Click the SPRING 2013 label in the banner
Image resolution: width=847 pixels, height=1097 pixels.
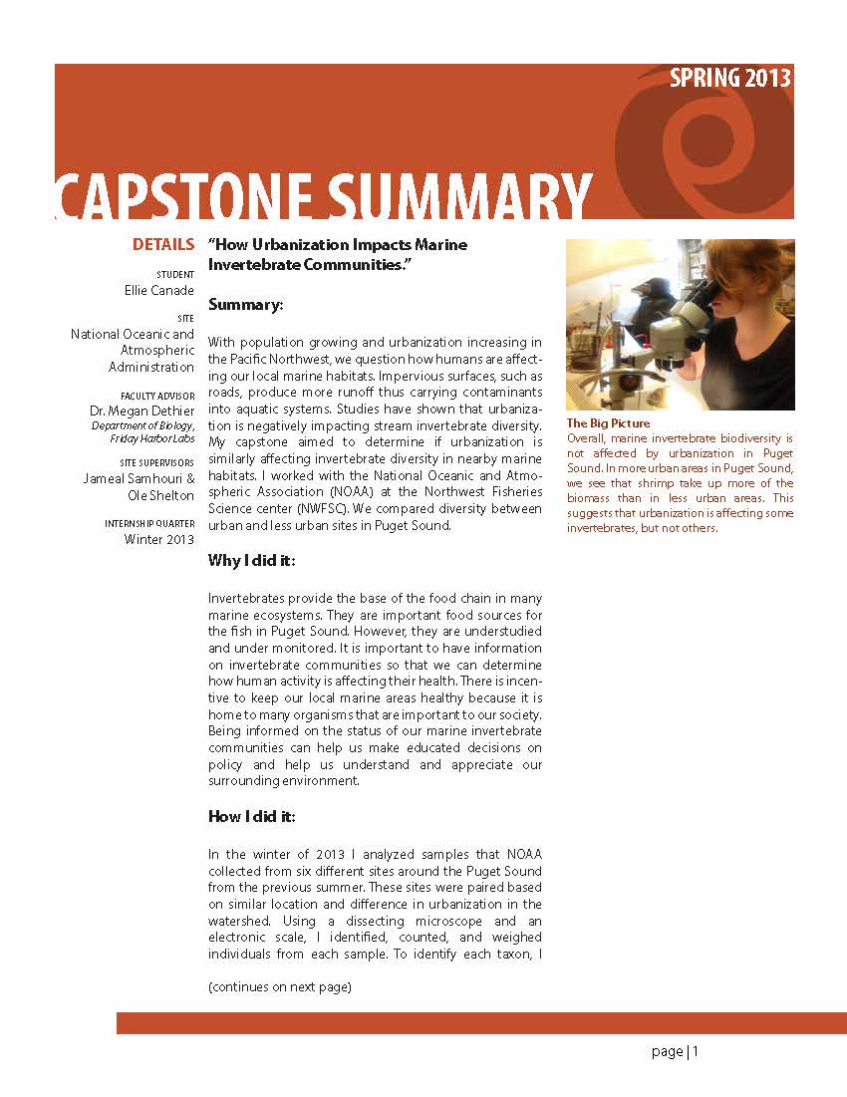coord(730,79)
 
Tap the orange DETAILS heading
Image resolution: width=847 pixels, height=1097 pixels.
coord(163,244)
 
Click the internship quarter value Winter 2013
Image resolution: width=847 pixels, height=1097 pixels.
coord(159,539)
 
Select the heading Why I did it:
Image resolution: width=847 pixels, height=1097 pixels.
coord(252,561)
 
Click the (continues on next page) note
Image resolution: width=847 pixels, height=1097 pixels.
coord(280,987)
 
